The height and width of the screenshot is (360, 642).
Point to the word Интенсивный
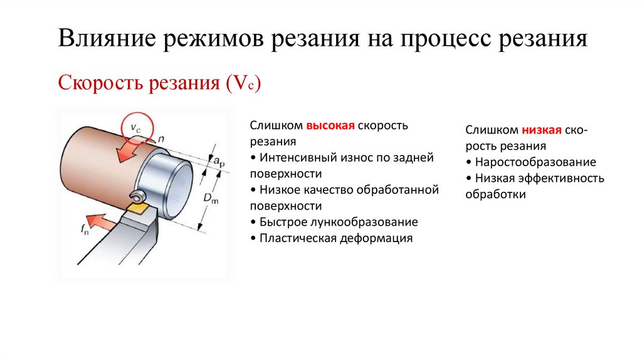click(x=298, y=158)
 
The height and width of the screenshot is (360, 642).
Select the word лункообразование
click(x=360, y=222)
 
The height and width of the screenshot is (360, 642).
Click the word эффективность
click(x=559, y=178)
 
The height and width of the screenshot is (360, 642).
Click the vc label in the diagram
click(x=137, y=127)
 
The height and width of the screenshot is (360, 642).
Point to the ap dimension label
click(x=220, y=162)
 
